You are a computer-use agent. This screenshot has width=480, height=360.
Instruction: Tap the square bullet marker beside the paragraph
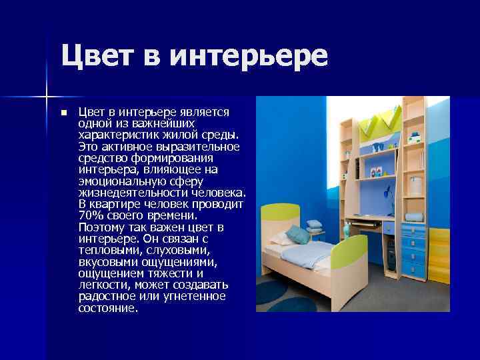coord(64,113)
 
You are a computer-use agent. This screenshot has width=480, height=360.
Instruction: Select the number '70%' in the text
coord(91,215)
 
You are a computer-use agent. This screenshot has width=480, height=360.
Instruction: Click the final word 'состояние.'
coord(108,309)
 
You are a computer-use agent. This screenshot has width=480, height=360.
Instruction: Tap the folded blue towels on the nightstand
coord(413,217)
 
